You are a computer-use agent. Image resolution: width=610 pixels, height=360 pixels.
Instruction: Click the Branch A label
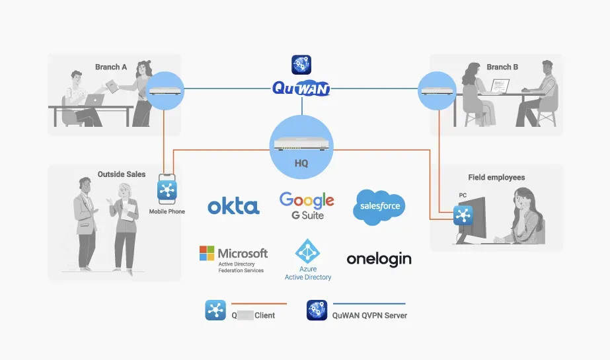click(x=111, y=67)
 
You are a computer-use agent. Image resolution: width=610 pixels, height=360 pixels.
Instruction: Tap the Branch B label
click(x=502, y=67)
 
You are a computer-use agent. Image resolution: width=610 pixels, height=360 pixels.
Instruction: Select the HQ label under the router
click(x=301, y=162)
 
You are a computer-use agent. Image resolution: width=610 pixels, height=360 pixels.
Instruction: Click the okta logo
click(x=233, y=206)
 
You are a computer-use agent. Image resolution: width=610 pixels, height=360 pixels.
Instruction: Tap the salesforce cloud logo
click(x=380, y=205)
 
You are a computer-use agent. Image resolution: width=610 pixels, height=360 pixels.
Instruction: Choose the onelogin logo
click(x=379, y=258)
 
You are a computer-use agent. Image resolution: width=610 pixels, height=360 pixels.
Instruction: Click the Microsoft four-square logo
click(x=207, y=254)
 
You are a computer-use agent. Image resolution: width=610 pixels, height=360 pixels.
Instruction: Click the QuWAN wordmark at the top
click(x=301, y=89)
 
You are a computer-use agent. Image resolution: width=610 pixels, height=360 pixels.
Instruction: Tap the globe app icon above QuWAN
click(x=301, y=65)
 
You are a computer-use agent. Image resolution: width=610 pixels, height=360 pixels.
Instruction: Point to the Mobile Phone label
click(x=167, y=211)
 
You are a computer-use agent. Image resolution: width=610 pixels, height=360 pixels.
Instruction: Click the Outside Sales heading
click(x=122, y=174)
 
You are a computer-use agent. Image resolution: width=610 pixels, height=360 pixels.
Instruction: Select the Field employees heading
click(x=496, y=177)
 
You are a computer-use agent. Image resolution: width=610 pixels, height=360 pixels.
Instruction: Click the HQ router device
click(x=302, y=140)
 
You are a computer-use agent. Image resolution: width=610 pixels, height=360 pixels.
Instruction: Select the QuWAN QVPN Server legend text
click(x=369, y=315)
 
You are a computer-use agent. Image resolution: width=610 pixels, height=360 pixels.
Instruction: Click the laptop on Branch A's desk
click(x=95, y=100)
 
